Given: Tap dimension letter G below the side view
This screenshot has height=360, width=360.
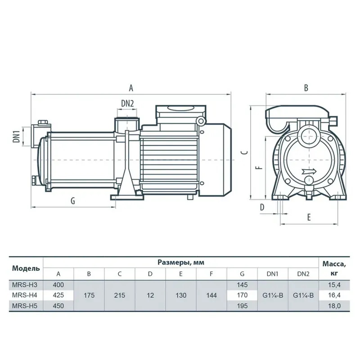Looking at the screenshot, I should click(72, 201).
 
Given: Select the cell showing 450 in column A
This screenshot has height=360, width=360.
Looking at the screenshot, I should click(58, 306).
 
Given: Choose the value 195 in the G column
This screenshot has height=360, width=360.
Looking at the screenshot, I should click(242, 306).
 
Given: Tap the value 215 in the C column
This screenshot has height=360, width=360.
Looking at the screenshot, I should click(120, 295).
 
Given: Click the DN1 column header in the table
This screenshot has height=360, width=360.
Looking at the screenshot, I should click(272, 274).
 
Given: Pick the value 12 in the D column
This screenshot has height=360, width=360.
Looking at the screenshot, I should click(150, 295).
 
